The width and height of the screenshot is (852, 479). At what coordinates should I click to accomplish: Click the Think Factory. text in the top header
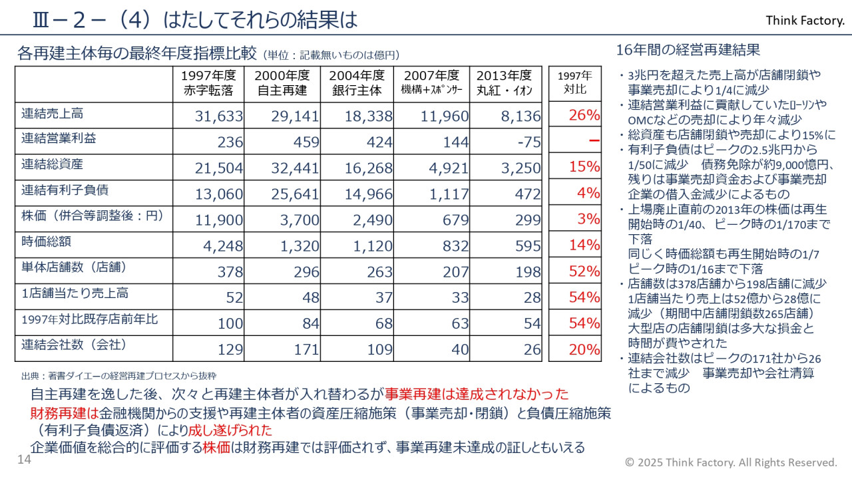coord(805,21)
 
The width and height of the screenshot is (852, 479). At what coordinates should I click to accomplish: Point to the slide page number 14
coord(24,460)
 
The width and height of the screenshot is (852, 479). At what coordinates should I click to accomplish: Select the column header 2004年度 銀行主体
coord(357,83)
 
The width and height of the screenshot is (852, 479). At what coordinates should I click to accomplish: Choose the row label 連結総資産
coord(53,164)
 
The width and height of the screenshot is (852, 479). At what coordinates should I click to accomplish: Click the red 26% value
coord(584,115)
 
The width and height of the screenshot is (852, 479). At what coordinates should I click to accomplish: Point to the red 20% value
coord(584,349)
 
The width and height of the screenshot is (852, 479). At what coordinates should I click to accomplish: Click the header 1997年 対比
coord(575,82)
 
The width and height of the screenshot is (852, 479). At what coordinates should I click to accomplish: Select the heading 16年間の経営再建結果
coord(688,50)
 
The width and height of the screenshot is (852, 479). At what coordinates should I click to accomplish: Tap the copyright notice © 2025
coord(731,462)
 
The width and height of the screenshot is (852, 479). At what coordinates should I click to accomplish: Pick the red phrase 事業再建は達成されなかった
coord(477,394)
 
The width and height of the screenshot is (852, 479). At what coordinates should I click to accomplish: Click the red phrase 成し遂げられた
coord(230,429)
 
